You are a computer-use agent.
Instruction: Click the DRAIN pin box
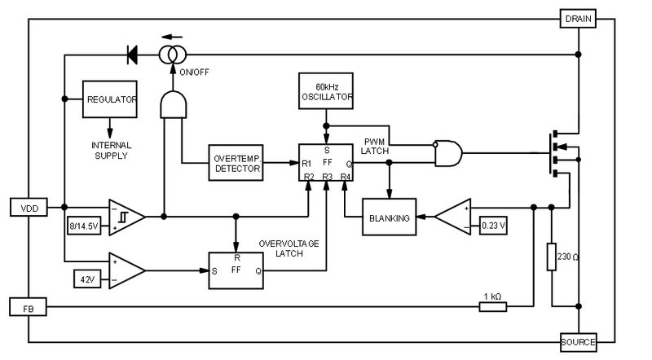[x=578, y=19]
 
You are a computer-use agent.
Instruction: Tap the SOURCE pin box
[x=578, y=342]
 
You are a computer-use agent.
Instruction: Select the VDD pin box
[x=29, y=208]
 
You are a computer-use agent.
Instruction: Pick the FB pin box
[x=28, y=307]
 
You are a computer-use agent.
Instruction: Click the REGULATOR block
[x=110, y=99]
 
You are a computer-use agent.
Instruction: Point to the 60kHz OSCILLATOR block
[x=326, y=91]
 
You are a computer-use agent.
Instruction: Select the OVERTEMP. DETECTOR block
[x=236, y=163]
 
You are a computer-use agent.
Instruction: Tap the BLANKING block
[x=390, y=217]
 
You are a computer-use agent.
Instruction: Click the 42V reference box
[x=87, y=279]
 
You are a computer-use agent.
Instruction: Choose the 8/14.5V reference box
[x=84, y=226]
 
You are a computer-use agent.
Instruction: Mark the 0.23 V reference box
[x=493, y=226]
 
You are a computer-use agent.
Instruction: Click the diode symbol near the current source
[x=132, y=55]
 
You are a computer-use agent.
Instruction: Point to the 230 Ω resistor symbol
[x=552, y=257]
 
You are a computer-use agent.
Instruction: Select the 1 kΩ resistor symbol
[x=493, y=307]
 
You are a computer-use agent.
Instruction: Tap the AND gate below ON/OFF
[x=174, y=104]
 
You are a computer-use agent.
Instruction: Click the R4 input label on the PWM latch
[x=346, y=177]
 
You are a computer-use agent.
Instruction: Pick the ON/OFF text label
[x=194, y=72]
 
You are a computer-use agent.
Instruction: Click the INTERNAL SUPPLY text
[x=111, y=151]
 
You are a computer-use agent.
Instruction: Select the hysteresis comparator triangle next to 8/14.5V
[x=127, y=217]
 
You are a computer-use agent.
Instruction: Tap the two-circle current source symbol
[x=173, y=55]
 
